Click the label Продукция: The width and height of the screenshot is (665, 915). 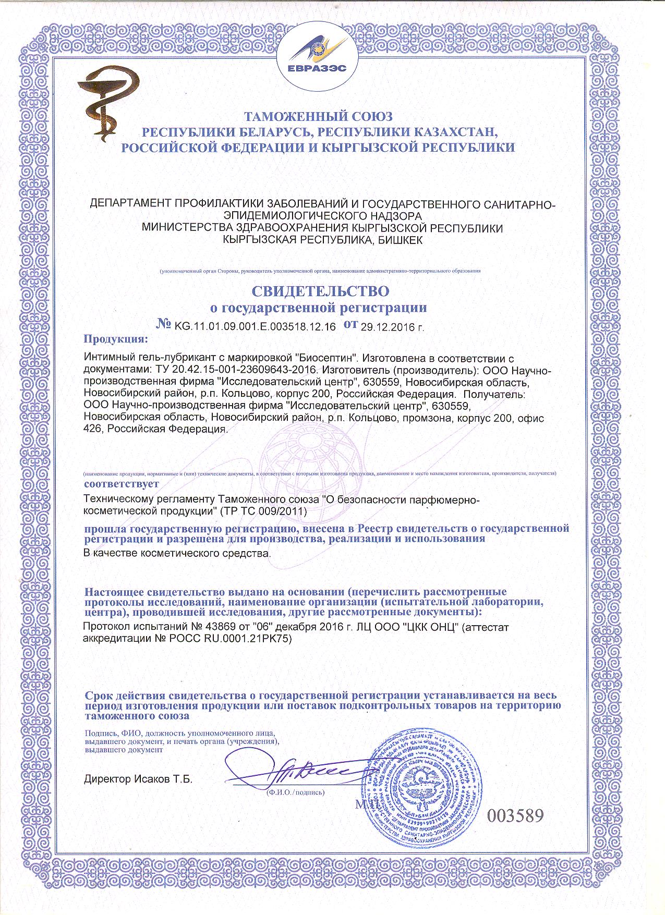click(116, 340)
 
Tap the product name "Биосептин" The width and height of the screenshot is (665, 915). click(327, 359)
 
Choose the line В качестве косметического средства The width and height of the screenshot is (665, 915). click(177, 553)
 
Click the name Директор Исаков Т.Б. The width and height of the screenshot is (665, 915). click(138, 780)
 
